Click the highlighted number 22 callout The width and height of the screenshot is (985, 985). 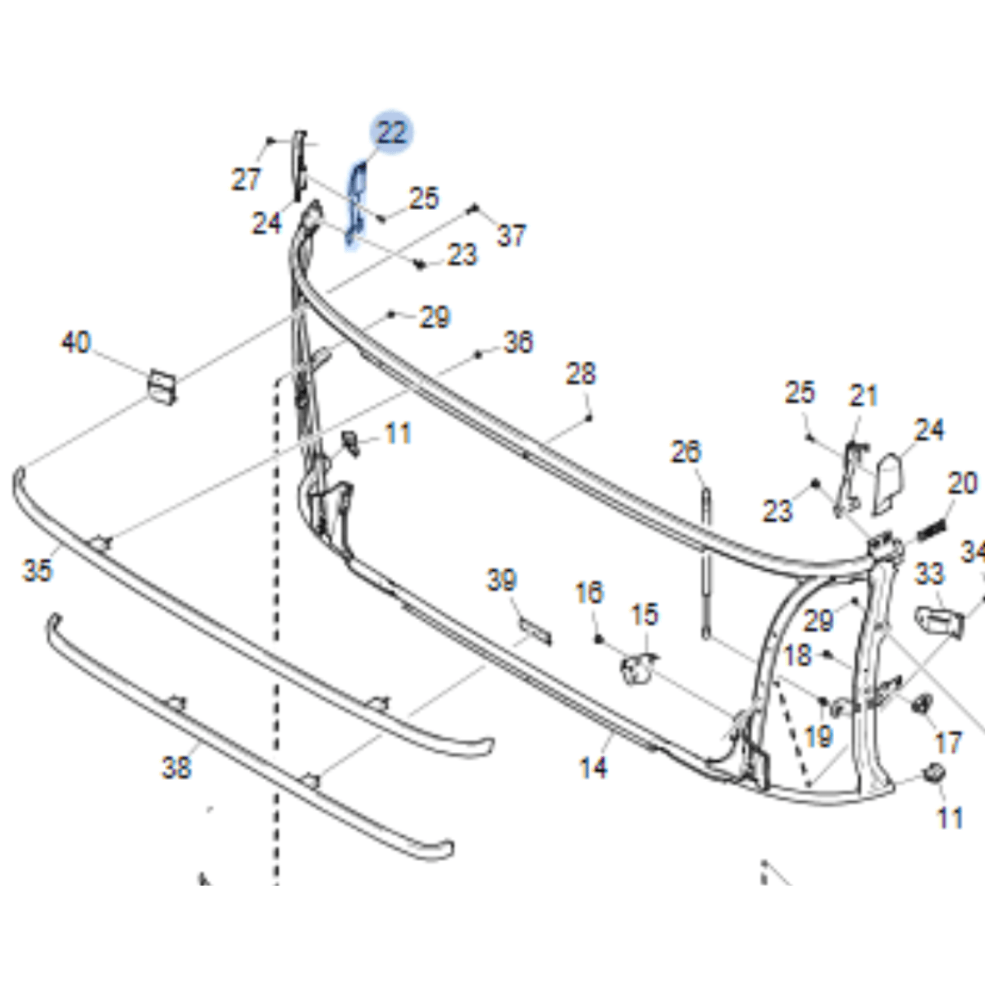[391, 132]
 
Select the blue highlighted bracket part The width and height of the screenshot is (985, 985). [356, 202]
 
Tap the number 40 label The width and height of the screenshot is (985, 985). [76, 342]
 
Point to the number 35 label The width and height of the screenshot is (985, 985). [37, 569]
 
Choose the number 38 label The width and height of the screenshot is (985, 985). [176, 768]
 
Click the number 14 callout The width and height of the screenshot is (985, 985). [593, 768]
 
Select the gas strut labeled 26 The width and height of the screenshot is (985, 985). [705, 558]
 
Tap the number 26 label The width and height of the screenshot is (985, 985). [686, 451]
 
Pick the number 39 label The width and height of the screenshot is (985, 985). [501, 581]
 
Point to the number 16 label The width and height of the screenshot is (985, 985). [588, 592]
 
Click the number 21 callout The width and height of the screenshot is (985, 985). [864, 395]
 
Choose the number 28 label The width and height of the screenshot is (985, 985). [581, 374]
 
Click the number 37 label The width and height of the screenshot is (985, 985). [511, 235]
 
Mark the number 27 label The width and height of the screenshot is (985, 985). [245, 180]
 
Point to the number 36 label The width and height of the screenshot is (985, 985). [518, 341]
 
